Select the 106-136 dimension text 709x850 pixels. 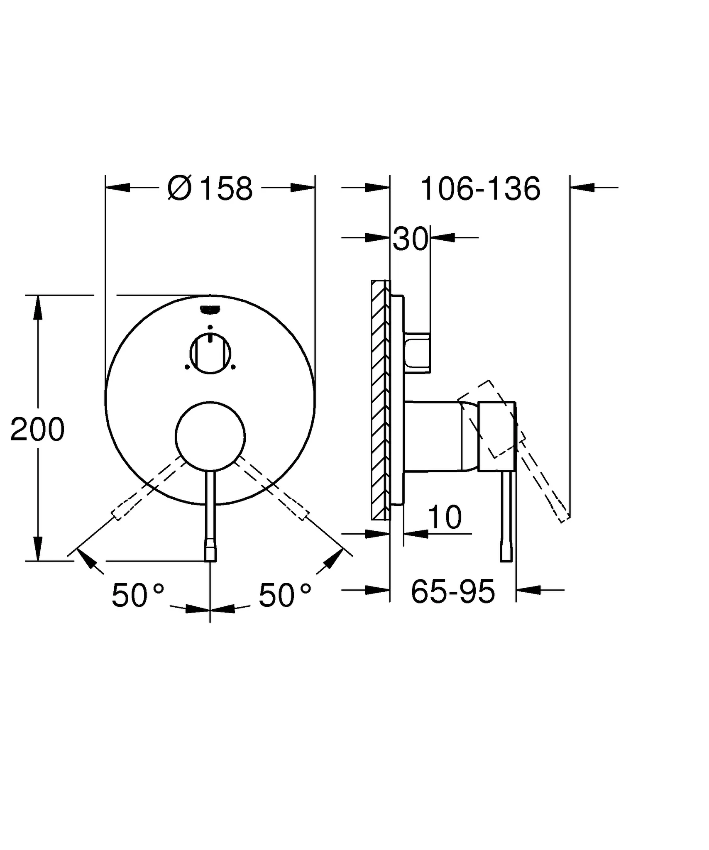click(480, 189)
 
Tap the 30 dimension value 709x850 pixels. click(410, 239)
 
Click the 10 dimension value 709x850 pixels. click(444, 517)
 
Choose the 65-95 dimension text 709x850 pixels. click(452, 591)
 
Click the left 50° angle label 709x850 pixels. click(137, 595)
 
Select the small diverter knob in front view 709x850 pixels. click(210, 354)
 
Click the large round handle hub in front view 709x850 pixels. click(210, 437)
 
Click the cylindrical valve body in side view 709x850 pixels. click(434, 436)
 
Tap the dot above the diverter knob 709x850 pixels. click(210, 327)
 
